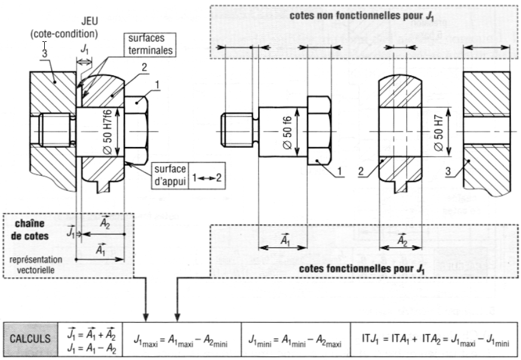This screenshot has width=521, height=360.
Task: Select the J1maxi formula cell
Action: pos(182,339)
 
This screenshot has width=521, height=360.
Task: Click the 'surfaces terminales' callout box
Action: pos(149,45)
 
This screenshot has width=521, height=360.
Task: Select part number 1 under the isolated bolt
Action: pos(338,173)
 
